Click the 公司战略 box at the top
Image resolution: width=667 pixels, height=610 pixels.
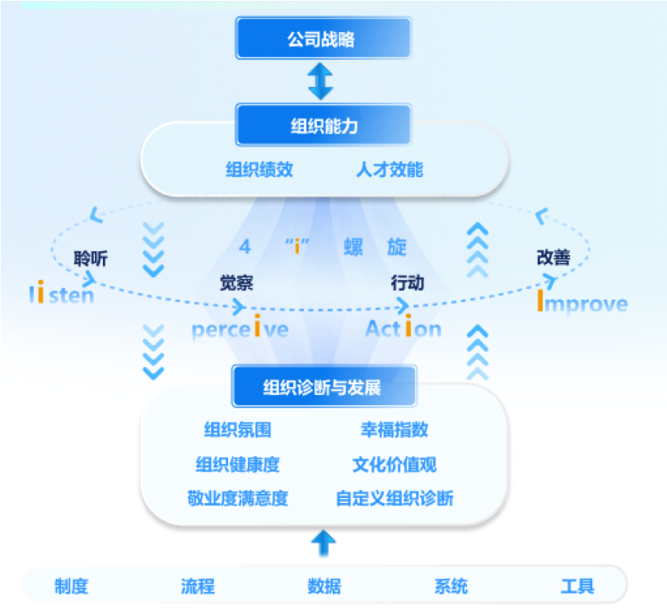click(321, 38)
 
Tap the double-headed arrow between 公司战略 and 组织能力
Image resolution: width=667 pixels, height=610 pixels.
click(320, 81)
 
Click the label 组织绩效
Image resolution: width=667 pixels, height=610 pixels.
click(259, 170)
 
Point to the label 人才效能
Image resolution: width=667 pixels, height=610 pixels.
click(389, 170)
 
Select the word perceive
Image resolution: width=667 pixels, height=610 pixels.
click(240, 329)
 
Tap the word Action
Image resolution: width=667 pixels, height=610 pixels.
click(403, 329)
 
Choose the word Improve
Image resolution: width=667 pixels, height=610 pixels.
click(581, 304)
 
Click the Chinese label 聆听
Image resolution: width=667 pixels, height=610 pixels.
click(91, 258)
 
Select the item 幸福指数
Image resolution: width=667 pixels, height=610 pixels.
click(394, 430)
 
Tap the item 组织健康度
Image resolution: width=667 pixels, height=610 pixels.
click(237, 464)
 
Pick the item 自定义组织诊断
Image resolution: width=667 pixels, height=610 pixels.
click(394, 498)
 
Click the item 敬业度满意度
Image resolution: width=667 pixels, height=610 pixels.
click(237, 498)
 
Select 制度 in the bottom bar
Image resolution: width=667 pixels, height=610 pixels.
click(72, 586)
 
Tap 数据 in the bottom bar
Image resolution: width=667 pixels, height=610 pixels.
click(324, 586)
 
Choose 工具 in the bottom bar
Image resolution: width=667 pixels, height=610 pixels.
click(577, 586)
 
